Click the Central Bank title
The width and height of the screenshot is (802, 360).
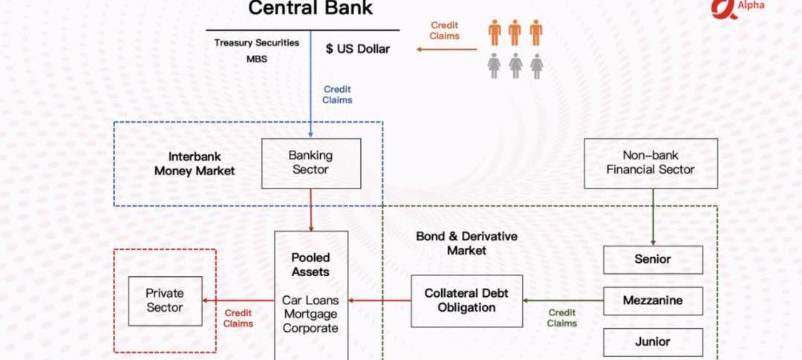click(x=310, y=9)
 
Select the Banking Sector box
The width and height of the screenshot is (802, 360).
click(x=310, y=163)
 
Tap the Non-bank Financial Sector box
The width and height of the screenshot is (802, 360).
click(x=651, y=163)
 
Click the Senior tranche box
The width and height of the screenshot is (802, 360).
click(x=653, y=260)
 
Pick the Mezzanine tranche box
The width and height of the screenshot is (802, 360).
click(x=653, y=301)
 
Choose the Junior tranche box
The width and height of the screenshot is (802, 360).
click(x=653, y=341)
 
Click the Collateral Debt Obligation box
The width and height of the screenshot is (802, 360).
click(x=466, y=301)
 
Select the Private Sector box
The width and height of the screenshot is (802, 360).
click(x=165, y=301)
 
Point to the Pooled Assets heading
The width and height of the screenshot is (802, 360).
click(x=310, y=264)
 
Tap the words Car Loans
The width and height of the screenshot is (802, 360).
click(x=310, y=301)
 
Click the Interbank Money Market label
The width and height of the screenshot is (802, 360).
click(x=195, y=163)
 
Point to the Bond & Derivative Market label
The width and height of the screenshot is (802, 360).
click(x=466, y=243)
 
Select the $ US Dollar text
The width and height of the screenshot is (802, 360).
click(x=358, y=50)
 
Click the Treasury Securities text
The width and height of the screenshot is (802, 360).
click(x=257, y=43)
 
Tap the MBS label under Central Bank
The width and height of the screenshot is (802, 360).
click(x=257, y=59)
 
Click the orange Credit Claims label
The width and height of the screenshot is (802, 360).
click(x=444, y=30)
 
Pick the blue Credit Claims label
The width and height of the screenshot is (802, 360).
click(x=337, y=94)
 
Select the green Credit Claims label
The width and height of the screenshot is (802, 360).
click(x=562, y=318)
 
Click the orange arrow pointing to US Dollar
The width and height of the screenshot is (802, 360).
click(x=446, y=50)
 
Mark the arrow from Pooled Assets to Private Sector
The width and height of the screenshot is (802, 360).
click(x=238, y=301)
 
